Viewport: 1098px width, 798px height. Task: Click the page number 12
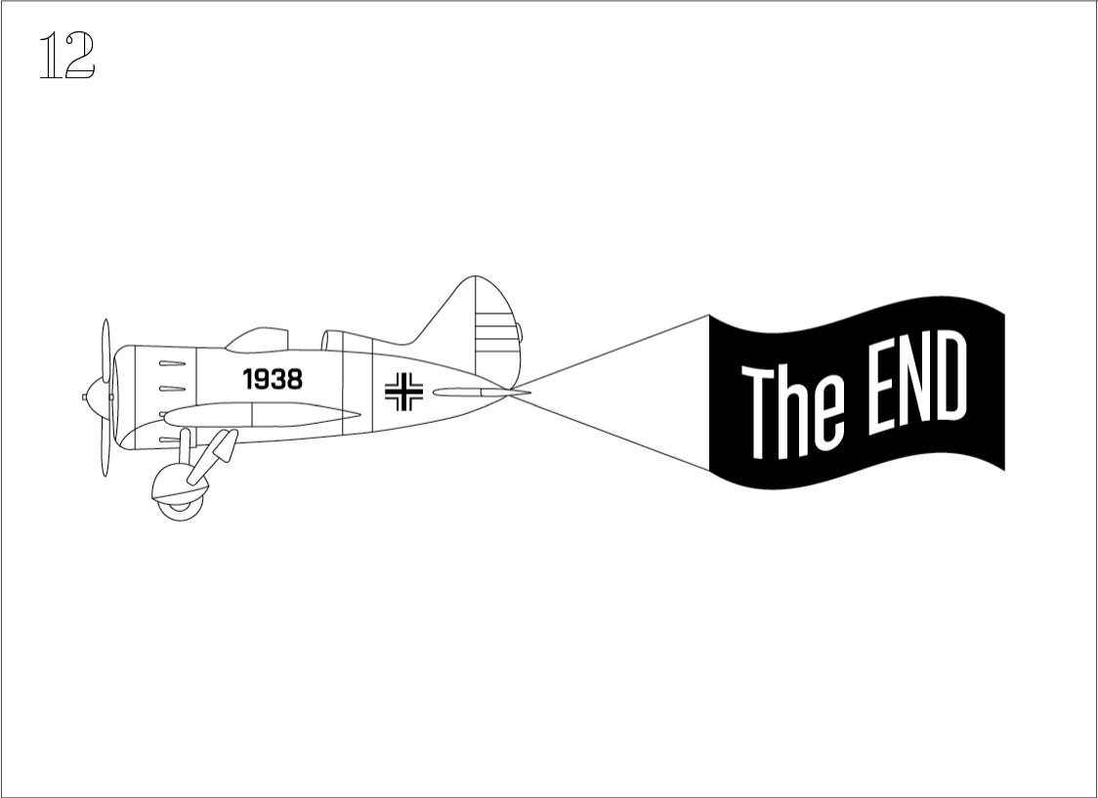pyautogui.click(x=66, y=55)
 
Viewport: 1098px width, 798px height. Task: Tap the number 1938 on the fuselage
pyautogui.click(x=273, y=379)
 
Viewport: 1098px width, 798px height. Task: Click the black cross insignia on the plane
pyautogui.click(x=404, y=392)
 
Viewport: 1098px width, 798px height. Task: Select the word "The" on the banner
pyautogui.click(x=792, y=413)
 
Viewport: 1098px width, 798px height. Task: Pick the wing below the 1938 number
pyautogui.click(x=261, y=414)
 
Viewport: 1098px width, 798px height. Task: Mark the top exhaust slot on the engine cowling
pyautogui.click(x=172, y=363)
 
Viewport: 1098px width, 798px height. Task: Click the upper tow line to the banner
pyautogui.click(x=610, y=352)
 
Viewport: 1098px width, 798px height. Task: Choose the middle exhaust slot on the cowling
pyautogui.click(x=172, y=389)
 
